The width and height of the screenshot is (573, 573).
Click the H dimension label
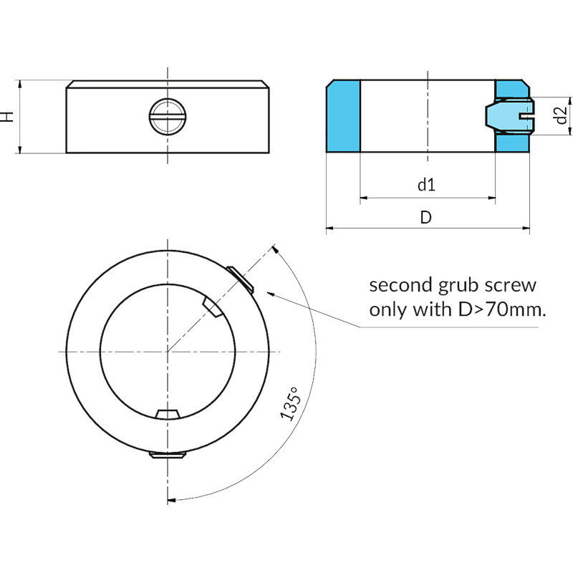[7, 117]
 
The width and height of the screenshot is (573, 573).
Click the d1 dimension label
[426, 185]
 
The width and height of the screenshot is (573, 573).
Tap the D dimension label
[425, 217]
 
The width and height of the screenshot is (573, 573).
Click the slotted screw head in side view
[168, 116]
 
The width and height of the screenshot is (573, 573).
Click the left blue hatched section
[343, 116]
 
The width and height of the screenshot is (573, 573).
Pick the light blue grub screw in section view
[510, 116]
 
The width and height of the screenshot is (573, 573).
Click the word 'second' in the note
[401, 285]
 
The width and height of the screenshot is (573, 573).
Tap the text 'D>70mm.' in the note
[502, 309]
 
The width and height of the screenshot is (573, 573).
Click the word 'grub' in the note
[458, 286]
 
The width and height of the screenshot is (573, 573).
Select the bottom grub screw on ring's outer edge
[168, 455]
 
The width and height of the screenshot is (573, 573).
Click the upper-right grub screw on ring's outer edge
[240, 279]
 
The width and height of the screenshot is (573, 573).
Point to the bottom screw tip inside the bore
[168, 414]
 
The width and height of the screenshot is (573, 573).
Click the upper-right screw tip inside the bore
[212, 307]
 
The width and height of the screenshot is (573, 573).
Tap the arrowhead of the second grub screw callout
[271, 293]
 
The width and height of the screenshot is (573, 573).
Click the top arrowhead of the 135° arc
[276, 249]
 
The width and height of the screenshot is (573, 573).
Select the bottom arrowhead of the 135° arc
[171, 499]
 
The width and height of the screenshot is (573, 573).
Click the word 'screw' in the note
[511, 285]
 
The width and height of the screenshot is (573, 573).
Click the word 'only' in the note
[388, 310]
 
